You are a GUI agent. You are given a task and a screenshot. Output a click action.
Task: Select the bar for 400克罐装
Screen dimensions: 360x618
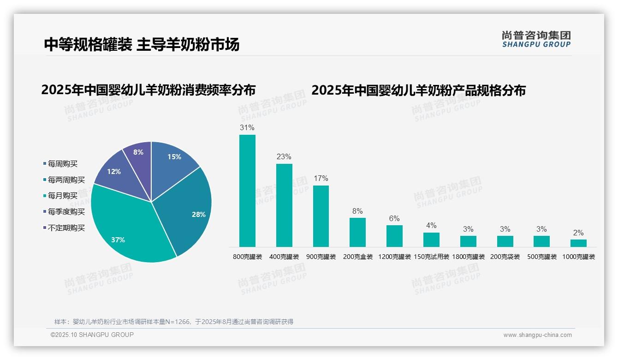(x=284, y=205)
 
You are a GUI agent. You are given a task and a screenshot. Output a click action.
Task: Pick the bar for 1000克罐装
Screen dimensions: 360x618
(x=578, y=243)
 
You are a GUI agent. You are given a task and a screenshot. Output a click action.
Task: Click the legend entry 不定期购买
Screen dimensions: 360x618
(x=66, y=228)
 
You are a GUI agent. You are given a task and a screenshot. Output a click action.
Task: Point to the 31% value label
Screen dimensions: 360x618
(x=247, y=127)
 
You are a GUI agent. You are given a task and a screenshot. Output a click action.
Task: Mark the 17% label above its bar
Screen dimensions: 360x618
(x=321, y=178)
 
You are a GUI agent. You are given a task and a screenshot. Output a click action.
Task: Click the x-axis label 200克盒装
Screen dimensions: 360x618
(x=358, y=257)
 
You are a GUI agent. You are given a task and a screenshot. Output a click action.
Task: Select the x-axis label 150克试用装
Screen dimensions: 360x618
(x=431, y=257)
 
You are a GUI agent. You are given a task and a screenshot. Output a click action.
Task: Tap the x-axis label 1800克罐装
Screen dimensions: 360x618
(x=468, y=257)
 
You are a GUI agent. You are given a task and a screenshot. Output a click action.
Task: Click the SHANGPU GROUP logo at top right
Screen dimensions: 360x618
(x=536, y=39)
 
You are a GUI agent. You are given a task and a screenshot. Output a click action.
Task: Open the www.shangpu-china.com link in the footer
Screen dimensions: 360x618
(x=537, y=335)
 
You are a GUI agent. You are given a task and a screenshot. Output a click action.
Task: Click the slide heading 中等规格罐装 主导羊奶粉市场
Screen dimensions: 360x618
(x=142, y=44)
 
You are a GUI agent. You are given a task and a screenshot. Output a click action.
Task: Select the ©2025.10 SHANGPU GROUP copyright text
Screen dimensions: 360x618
(x=92, y=335)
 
